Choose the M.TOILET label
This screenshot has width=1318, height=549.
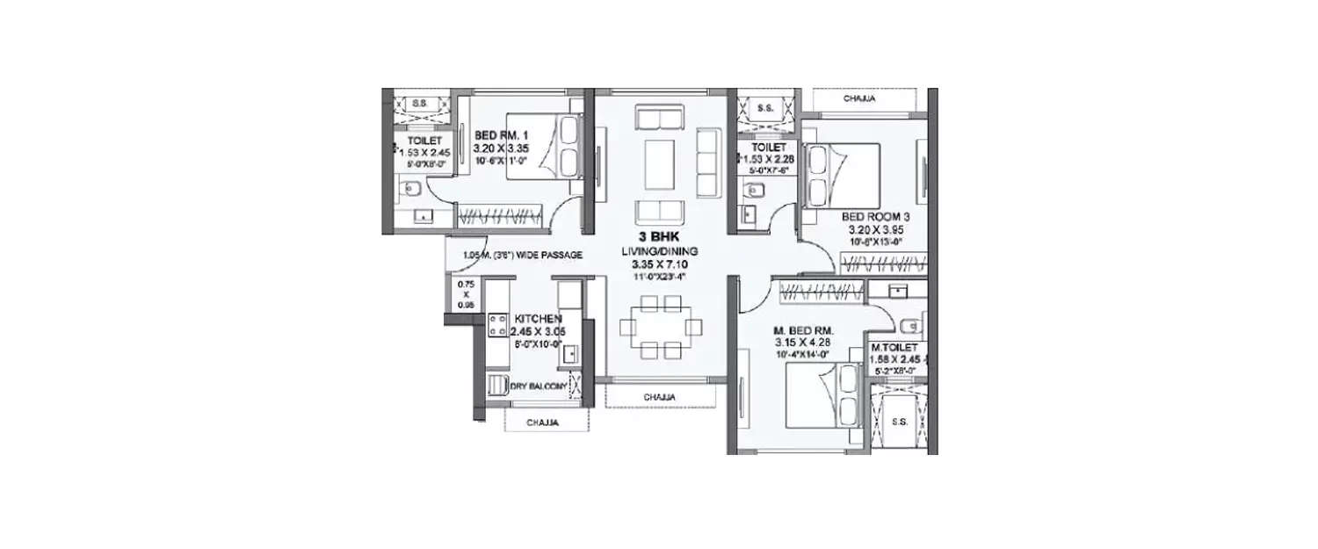[x=894, y=348]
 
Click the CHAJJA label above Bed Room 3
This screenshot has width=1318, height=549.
[x=859, y=99]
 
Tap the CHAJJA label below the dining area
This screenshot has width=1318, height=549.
[x=659, y=397]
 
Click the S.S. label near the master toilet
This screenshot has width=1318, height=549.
[x=900, y=422]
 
